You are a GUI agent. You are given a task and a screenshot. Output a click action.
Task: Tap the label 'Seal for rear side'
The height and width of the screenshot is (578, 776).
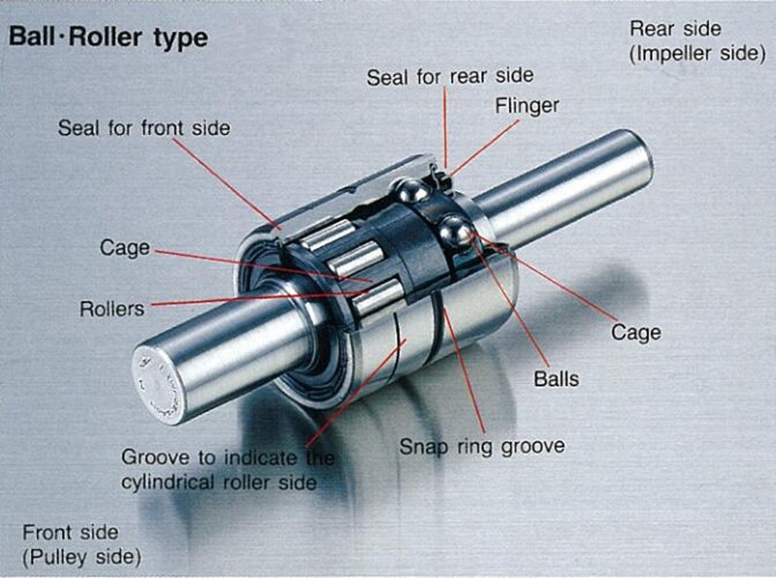point(449,76)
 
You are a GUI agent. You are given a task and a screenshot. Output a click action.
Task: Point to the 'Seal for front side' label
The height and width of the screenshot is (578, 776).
point(144,127)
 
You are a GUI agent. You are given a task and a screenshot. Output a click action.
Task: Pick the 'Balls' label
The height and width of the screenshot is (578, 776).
point(556,377)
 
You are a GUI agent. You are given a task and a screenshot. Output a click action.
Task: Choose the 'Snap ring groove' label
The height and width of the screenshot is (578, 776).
point(482,447)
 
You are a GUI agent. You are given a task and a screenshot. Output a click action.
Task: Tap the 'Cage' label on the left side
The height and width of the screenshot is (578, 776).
point(125,248)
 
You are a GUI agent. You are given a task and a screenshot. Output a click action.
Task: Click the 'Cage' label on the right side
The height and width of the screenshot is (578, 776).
point(635,333)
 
